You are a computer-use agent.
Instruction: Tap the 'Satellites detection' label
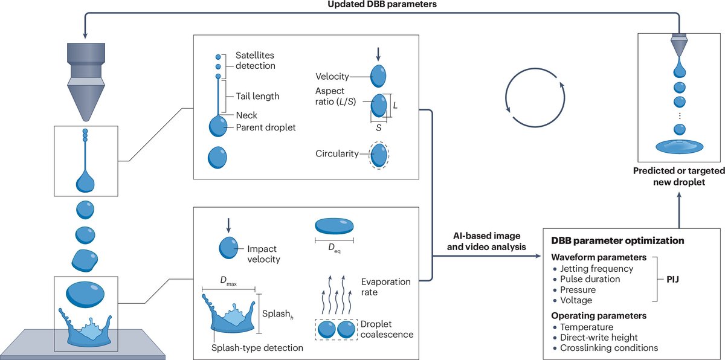[255, 61]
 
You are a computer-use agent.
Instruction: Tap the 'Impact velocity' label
[264, 254]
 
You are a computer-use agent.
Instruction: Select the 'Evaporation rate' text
[385, 287]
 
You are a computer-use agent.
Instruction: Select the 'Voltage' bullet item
[576, 300]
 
